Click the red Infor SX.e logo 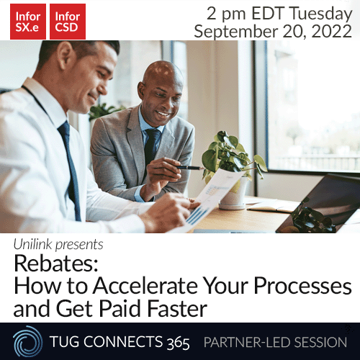28,21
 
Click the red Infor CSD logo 67,21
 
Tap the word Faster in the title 174,309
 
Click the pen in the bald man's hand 192,167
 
